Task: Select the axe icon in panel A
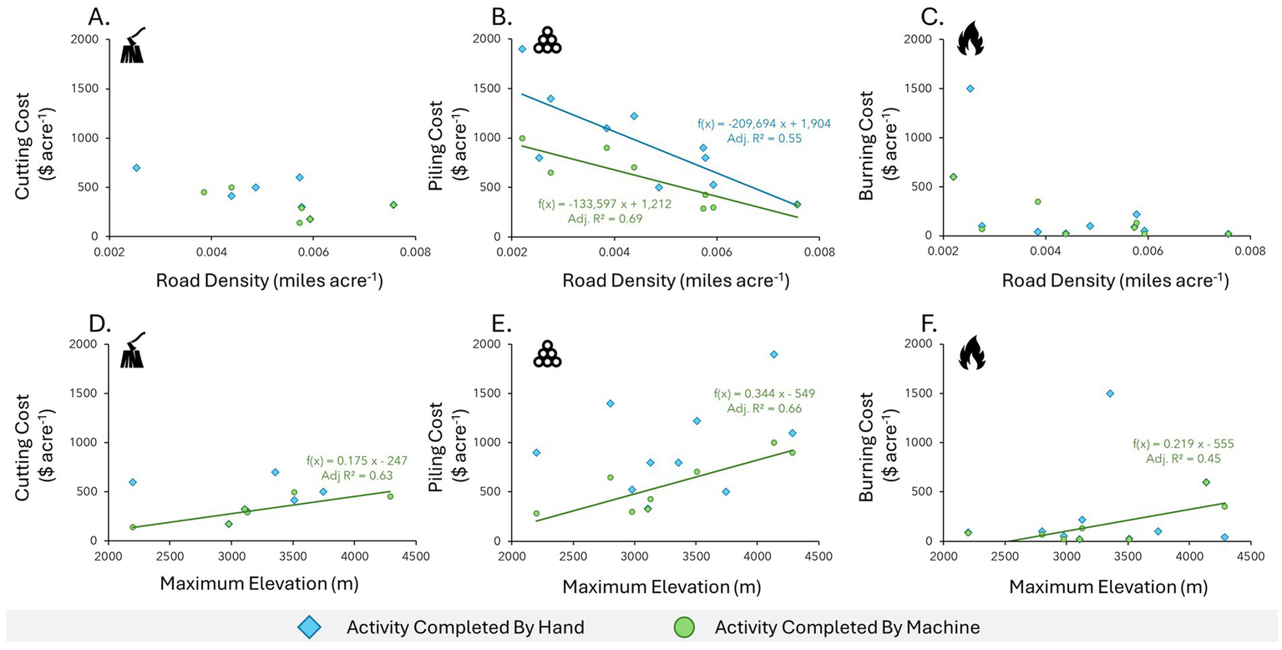[133, 45]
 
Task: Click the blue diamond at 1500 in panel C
[970, 89]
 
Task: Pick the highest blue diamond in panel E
[773, 354]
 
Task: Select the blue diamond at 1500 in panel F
[1109, 394]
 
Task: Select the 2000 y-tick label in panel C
[917, 39]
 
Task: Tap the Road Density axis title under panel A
[269, 282]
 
